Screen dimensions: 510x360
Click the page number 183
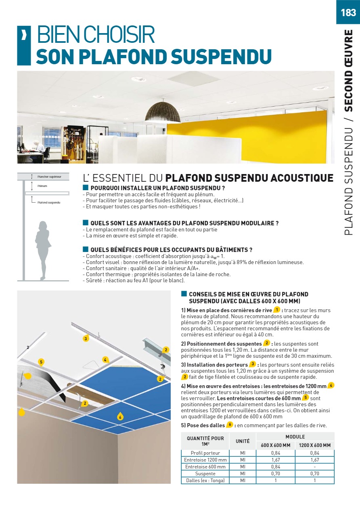[348, 13]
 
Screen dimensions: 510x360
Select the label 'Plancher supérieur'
[49, 176]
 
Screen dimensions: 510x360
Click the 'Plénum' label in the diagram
[42, 186]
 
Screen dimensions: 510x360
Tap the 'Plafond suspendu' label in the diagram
[49, 202]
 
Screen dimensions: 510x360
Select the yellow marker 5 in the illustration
[41, 362]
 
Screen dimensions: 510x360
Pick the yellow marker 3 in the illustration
[86, 338]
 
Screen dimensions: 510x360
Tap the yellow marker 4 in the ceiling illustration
[105, 359]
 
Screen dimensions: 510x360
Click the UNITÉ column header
[243, 441]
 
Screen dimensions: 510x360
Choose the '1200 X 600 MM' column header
[315, 445]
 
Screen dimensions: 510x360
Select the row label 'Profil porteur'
[205, 453]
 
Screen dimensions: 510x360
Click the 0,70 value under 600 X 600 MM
[276, 474]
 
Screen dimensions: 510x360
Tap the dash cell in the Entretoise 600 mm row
[315, 467]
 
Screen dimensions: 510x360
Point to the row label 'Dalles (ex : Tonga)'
[205, 481]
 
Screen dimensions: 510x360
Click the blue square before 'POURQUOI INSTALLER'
[85, 187]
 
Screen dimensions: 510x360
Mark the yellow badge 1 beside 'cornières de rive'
[277, 310]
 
